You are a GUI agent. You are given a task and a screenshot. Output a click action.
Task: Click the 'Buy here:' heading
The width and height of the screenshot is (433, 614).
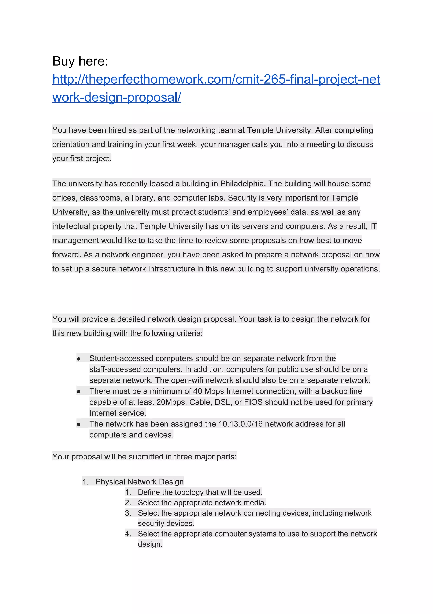tap(80, 61)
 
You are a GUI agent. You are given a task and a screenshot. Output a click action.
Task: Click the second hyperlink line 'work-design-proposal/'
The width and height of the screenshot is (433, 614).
tap(116, 97)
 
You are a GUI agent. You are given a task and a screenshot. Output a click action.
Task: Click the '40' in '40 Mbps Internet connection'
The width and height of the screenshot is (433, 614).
tap(197, 391)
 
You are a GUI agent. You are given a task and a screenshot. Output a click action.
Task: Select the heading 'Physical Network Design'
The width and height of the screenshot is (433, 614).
tap(140, 482)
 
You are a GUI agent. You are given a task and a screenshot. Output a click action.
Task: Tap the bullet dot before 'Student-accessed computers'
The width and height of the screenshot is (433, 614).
tap(78, 359)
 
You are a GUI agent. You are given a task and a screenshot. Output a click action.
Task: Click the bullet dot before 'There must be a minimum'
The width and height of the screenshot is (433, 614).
tap(78, 391)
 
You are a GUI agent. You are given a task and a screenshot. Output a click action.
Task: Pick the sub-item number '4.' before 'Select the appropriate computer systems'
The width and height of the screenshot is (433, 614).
tap(128, 534)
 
